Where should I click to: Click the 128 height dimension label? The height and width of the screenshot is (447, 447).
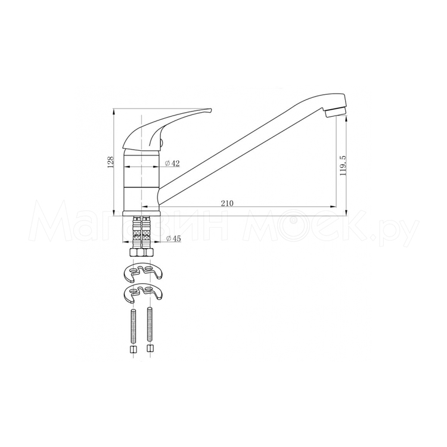pos(111,162)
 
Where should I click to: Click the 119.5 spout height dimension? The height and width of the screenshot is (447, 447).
pos(342,166)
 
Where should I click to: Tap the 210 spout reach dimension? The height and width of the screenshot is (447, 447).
pos(227,203)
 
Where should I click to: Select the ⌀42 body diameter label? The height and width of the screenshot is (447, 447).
pos(172,163)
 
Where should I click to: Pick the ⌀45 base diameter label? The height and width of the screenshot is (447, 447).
pos(173,238)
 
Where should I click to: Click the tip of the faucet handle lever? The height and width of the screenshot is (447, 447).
pos(211,109)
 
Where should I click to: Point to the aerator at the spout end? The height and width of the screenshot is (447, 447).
pos(336,111)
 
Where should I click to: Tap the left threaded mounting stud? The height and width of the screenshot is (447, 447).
pos(132,325)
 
